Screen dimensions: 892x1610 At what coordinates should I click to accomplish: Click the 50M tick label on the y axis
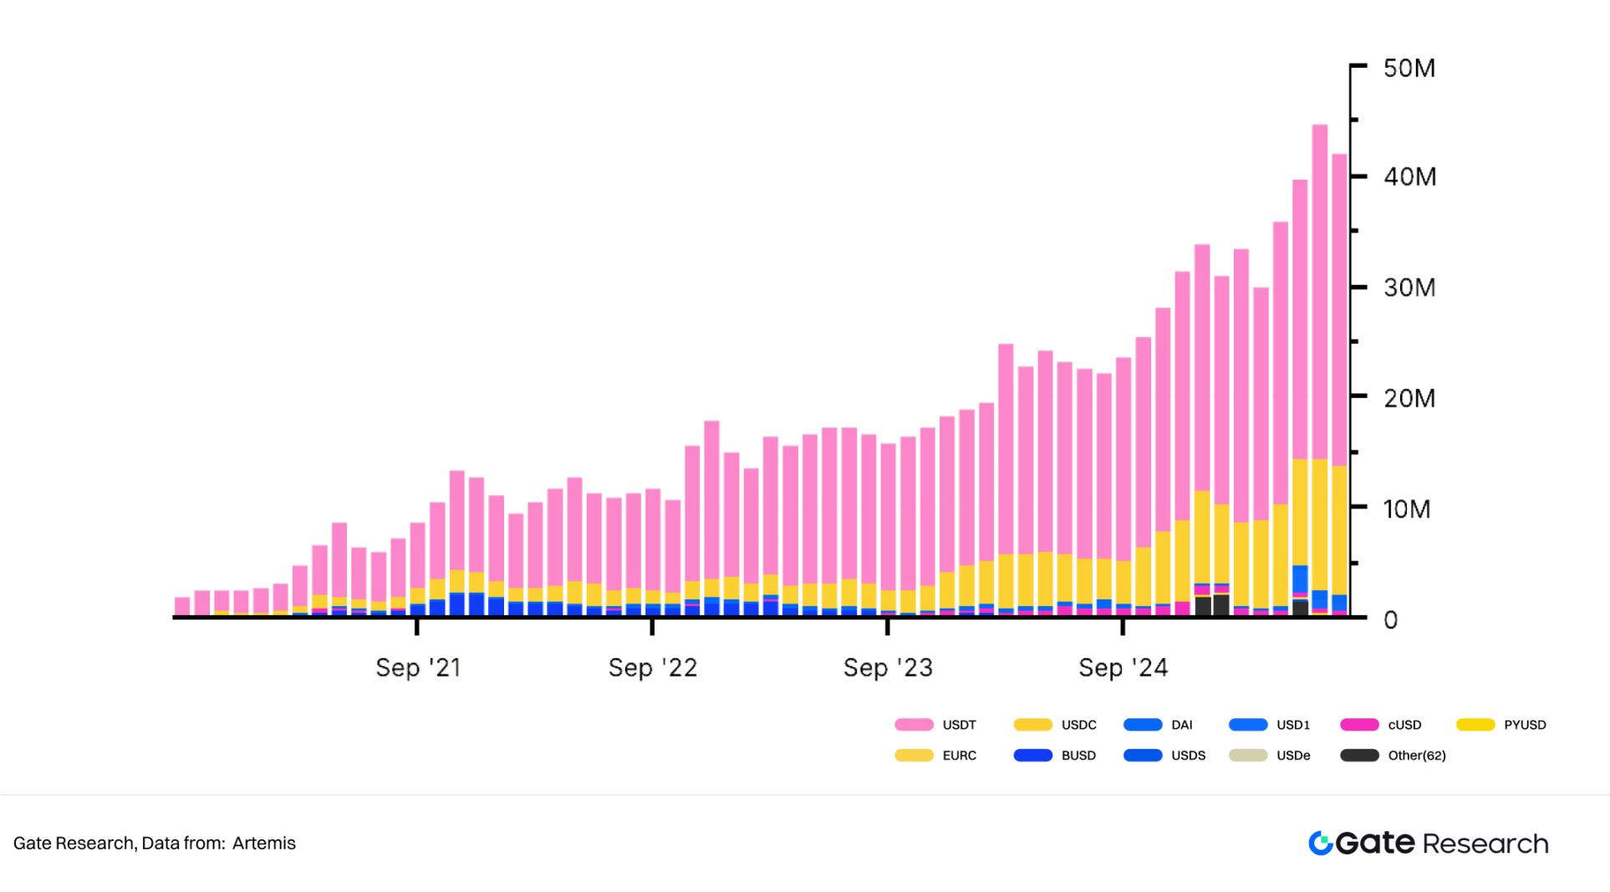[x=1409, y=69]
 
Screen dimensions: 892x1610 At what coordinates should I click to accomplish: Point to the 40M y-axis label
[x=1409, y=177]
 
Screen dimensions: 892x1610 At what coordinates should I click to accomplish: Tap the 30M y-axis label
[x=1409, y=288]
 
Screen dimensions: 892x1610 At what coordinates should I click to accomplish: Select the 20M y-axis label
[x=1409, y=399]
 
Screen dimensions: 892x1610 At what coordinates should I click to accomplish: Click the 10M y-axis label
[x=1407, y=509]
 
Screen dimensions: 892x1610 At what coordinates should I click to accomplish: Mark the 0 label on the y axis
[x=1390, y=620]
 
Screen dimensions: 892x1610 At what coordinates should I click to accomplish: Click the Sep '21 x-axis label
[x=418, y=668]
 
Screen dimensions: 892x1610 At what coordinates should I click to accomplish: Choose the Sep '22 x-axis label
[x=653, y=668]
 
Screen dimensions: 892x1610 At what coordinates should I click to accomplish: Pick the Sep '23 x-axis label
[x=888, y=668]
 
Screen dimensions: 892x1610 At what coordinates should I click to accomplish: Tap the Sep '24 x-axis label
[x=1123, y=668]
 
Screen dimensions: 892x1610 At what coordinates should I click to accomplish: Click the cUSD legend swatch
[x=1359, y=725]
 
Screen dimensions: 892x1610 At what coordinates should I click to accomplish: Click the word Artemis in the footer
[x=264, y=844]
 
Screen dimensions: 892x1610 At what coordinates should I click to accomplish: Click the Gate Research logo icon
[x=1321, y=844]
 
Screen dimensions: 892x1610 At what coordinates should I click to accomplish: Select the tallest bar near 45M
[x=1320, y=334]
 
